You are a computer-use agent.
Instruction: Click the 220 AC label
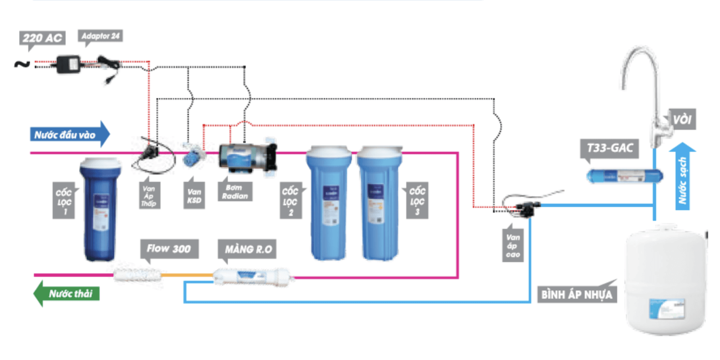pos(42,37)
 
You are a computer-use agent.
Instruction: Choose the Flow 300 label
pos(169,248)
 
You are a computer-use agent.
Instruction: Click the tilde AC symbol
pos(22,64)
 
